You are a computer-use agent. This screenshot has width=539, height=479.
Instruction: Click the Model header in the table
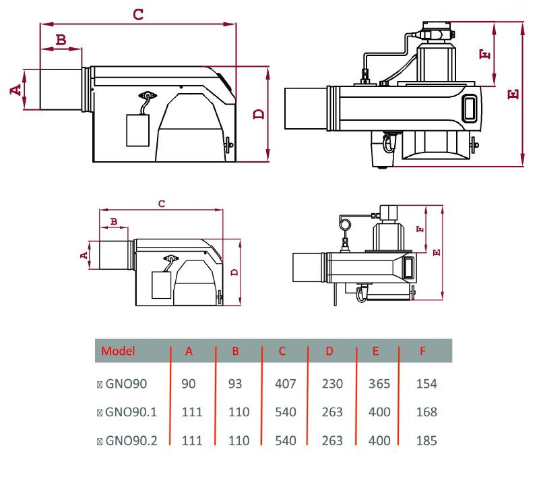click(118, 351)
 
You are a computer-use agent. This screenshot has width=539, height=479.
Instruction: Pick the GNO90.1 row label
click(131, 412)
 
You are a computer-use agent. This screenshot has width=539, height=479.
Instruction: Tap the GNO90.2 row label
click(131, 441)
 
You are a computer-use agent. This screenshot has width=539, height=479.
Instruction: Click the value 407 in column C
click(286, 384)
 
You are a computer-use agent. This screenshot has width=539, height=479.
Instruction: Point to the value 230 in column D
click(332, 384)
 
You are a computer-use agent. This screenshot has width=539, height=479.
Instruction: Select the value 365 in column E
click(380, 384)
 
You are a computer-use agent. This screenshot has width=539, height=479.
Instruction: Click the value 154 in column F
click(426, 384)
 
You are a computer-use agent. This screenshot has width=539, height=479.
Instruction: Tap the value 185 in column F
click(426, 441)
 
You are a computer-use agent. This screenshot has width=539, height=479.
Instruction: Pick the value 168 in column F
click(426, 412)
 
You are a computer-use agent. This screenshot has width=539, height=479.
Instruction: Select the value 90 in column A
click(189, 384)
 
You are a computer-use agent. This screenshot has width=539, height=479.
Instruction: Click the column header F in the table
click(422, 351)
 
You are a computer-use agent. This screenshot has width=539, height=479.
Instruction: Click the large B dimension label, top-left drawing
click(61, 40)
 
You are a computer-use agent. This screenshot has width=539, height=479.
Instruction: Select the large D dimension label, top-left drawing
click(258, 114)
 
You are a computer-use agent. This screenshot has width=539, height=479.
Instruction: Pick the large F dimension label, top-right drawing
click(484, 54)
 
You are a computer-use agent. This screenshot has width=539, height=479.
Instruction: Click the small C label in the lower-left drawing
click(161, 202)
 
